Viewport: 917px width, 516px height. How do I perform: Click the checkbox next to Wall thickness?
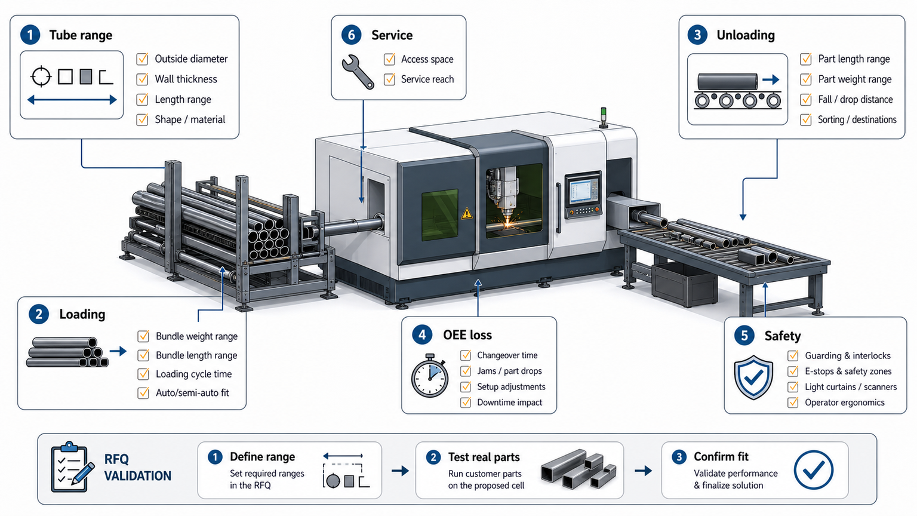tap(142, 79)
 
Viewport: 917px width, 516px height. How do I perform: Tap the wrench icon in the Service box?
tap(358, 72)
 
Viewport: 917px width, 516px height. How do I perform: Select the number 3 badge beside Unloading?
tap(697, 35)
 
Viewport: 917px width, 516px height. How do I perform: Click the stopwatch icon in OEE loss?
tap(430, 376)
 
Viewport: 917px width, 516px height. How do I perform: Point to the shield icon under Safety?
tap(753, 377)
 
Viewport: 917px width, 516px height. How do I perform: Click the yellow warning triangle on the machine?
tap(466, 213)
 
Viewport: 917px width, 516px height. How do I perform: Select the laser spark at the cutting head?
tap(508, 223)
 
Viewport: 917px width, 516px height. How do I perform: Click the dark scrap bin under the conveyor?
tap(684, 284)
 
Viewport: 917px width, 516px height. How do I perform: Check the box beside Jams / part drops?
tap(466, 371)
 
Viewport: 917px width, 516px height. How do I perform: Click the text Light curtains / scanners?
tap(851, 387)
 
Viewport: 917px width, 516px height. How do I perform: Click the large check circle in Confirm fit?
tap(814, 470)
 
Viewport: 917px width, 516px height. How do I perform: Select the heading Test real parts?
tap(484, 457)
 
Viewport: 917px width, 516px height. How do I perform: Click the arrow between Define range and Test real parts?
tap(400, 471)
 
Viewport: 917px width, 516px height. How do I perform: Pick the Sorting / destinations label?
tap(857, 119)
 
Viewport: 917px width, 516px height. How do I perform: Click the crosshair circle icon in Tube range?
tap(41, 76)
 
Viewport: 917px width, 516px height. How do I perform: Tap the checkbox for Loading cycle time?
tap(143, 374)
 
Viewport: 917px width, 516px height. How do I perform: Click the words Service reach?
tap(427, 79)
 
